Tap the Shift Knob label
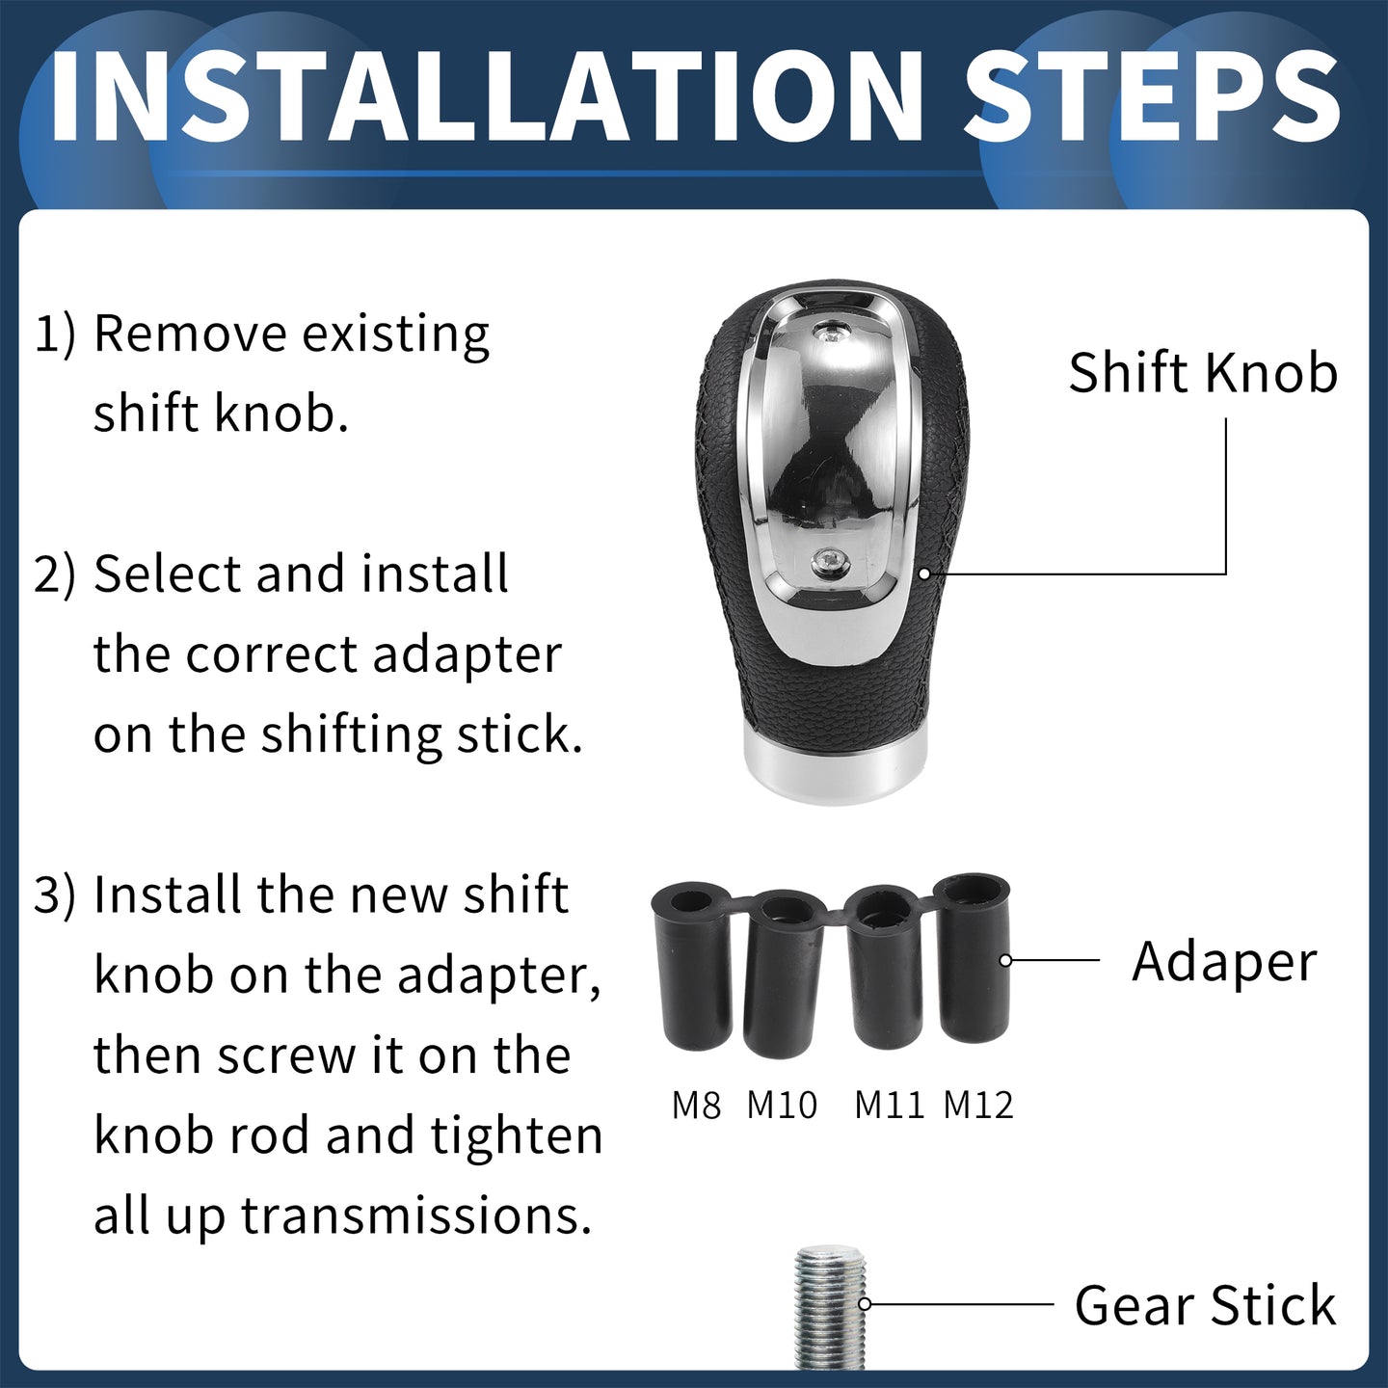[1203, 373]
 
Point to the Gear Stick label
[1205, 1304]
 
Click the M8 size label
[696, 1106]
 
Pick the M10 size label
[782, 1106]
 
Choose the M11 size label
[889, 1106]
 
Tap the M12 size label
[978, 1106]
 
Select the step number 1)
[55, 334]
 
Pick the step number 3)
[55, 895]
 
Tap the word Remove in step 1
[190, 334]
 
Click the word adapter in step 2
[467, 657]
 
